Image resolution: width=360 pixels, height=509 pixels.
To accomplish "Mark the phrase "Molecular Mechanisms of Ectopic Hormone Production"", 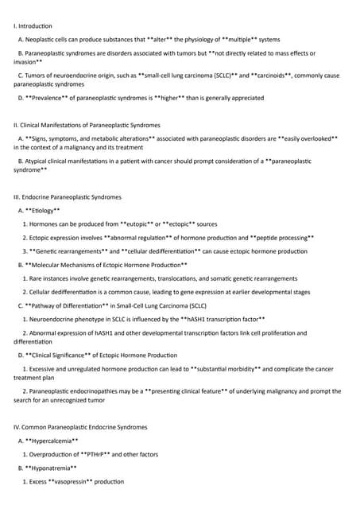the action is coord(106,264).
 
